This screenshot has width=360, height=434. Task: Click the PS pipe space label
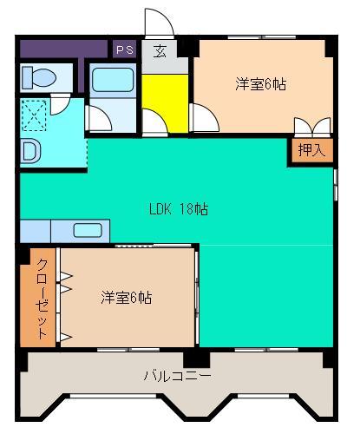point(124,49)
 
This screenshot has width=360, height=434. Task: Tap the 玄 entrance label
point(160,51)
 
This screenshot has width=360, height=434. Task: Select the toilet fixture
point(38,78)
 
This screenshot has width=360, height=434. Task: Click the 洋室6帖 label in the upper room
point(261,84)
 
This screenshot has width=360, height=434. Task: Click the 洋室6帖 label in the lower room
point(127,298)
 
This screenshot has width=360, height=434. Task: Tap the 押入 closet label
point(311,150)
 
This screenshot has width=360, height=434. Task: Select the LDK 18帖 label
point(178,208)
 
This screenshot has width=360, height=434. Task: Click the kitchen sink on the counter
point(90,231)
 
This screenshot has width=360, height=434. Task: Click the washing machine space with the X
point(36,115)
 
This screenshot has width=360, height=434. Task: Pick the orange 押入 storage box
point(311,151)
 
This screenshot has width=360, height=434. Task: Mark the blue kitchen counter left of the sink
point(35,231)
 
